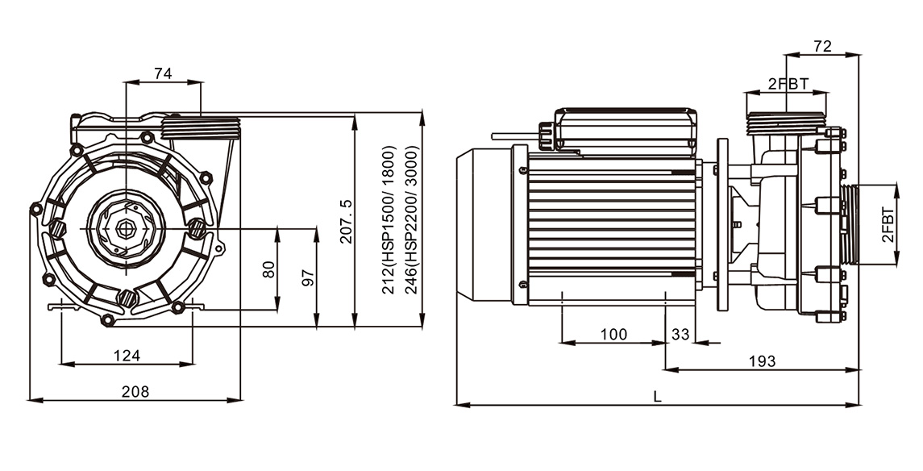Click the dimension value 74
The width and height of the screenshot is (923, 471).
163,73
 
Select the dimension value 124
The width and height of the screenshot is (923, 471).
127,356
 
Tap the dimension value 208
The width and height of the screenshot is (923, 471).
135,391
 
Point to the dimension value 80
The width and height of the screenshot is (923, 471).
268,269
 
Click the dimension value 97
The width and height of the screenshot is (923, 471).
307,278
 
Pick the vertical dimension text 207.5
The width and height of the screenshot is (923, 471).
346,221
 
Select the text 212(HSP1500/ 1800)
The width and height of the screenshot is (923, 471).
389,219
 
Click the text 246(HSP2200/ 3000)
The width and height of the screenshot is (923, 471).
411,219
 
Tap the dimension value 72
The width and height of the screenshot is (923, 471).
822,46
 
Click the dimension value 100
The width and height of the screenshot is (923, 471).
614,335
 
